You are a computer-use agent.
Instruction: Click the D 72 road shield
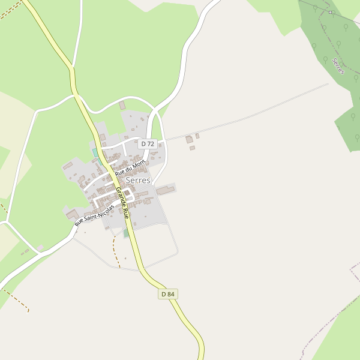(148, 144)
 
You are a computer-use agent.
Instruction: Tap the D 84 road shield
(169, 294)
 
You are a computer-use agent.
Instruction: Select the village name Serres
(138, 180)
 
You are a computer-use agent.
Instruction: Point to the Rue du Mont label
(130, 167)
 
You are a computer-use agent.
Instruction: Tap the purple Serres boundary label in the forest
(338, 66)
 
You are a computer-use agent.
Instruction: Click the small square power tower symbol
(330, 12)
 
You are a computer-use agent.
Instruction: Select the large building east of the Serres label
(166, 190)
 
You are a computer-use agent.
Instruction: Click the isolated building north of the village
(122, 106)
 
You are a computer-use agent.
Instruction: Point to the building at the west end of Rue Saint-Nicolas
(72, 214)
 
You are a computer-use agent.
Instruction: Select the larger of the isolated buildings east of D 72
(189, 140)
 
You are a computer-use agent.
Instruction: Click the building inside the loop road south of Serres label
(127, 193)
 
